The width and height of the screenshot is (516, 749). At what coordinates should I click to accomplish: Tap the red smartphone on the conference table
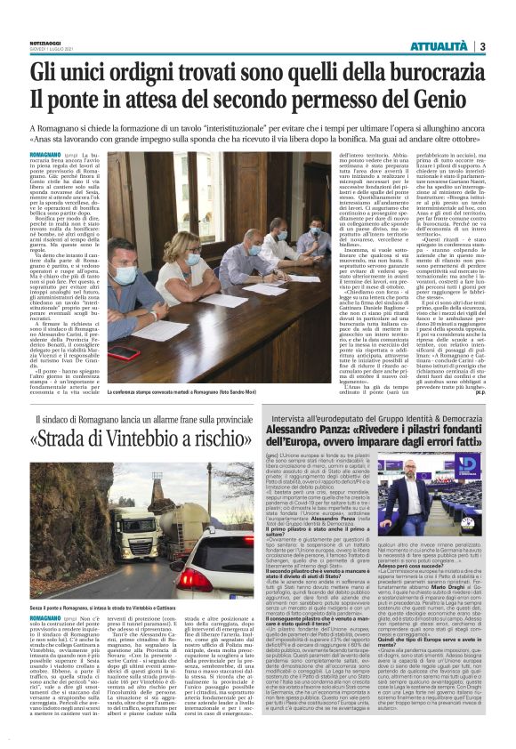coord(124,352)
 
